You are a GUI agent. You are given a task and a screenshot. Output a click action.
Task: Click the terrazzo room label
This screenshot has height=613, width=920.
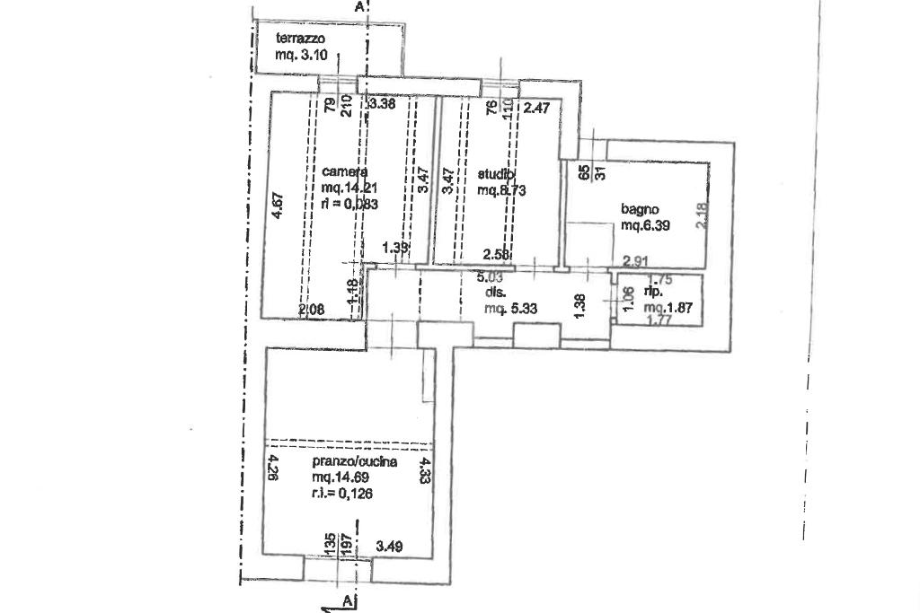[x=300, y=39]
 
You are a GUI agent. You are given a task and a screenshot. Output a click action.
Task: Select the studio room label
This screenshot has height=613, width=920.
[x=497, y=174]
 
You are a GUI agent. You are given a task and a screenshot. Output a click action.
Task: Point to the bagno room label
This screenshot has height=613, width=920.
[x=641, y=210]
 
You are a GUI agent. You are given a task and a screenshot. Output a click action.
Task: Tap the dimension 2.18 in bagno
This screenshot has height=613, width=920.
[x=702, y=215]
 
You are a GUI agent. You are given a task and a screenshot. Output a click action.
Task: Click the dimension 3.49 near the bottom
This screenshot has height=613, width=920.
[x=389, y=544]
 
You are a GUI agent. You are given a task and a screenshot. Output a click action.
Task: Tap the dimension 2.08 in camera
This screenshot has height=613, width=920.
[x=311, y=309]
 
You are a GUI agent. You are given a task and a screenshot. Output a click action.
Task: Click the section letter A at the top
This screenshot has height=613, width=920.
[x=360, y=7]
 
